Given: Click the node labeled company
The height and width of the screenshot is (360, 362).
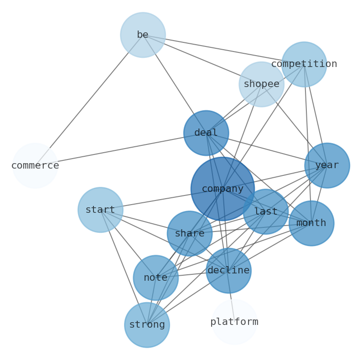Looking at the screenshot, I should (x=222, y=189).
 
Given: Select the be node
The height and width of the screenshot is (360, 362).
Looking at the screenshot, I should (x=143, y=35).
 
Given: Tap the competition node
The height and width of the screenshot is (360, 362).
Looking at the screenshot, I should (x=304, y=64).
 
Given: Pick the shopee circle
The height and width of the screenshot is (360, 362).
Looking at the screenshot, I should (x=261, y=84).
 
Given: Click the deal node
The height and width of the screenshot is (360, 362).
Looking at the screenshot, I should (x=206, y=133).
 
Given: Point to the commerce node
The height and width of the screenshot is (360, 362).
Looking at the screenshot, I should (x=35, y=166).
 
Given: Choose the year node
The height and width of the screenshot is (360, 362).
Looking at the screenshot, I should (x=327, y=165).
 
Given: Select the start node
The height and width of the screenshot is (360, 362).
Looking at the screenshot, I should (x=100, y=210).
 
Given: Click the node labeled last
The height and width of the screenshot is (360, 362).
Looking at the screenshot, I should (x=266, y=212).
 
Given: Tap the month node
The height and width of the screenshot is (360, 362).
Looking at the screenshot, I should (x=311, y=223).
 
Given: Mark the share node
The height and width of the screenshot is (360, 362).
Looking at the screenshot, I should (x=190, y=234).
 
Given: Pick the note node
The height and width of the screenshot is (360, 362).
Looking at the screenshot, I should (x=155, y=278).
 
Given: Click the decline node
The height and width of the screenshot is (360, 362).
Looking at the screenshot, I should (x=228, y=271).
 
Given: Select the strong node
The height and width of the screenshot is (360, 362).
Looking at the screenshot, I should (x=147, y=325).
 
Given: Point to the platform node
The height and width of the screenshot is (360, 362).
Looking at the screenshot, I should (x=234, y=322).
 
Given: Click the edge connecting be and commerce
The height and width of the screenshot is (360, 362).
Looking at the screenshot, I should (x=89, y=100).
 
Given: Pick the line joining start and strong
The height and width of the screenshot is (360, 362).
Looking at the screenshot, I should (x=124, y=267).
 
